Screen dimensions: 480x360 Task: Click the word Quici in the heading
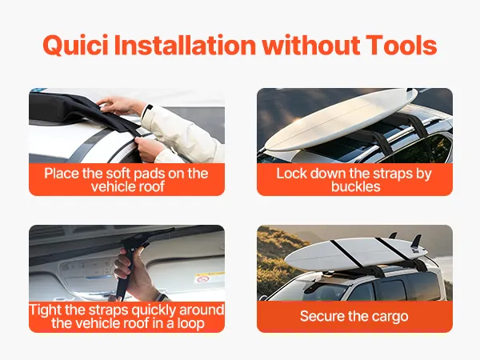coord(75,45)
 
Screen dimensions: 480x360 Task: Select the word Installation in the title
coord(185,45)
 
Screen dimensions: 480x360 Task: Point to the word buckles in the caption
coord(355,186)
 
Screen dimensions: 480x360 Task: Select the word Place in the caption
coord(62,174)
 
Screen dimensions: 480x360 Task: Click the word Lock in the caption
coord(291,174)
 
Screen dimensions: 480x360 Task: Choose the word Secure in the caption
coord(319,316)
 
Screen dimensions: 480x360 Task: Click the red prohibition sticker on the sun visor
coord(202,279)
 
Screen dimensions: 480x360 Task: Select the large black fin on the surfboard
coord(416,242)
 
